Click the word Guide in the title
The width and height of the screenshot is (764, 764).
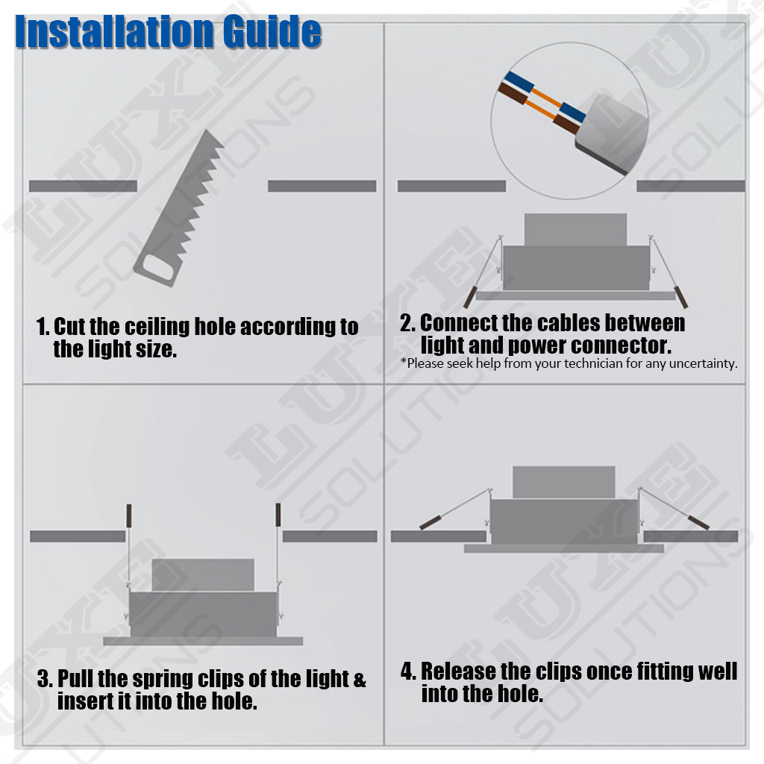[x=272, y=32]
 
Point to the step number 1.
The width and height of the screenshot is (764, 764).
[x=43, y=327]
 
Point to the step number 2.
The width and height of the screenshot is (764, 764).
[x=407, y=323]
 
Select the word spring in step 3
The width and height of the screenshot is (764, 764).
[x=163, y=680]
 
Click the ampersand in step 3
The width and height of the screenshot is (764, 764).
[x=360, y=680]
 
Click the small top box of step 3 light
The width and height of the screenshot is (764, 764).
[x=203, y=575]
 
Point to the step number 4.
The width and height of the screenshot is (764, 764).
[x=408, y=671]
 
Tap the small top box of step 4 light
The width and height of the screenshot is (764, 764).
[x=564, y=483]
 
